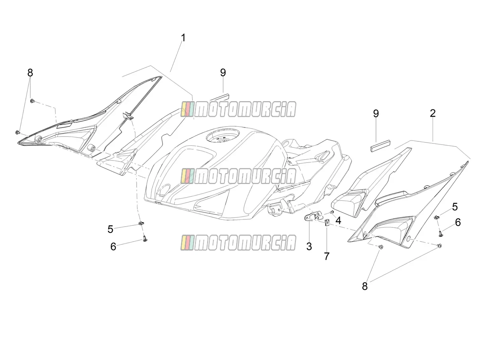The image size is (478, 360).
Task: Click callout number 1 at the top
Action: (183, 38)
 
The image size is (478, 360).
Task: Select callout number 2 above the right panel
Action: (433, 113)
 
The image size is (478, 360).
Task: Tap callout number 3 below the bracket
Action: (309, 247)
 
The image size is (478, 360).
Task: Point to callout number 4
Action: (338, 221)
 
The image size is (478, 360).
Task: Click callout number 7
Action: (327, 256)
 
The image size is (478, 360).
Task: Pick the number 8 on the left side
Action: (30, 72)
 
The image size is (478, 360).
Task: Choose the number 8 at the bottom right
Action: (365, 286)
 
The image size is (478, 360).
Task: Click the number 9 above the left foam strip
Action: (223, 72)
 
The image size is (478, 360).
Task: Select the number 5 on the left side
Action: (110, 229)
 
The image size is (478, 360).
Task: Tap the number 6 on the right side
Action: (458, 222)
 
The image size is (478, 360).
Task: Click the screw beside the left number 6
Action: (145, 239)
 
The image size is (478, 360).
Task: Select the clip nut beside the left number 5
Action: (141, 223)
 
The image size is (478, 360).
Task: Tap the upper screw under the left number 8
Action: (32, 101)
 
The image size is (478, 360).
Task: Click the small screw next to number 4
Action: (332, 212)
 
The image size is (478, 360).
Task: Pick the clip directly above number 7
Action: (327, 223)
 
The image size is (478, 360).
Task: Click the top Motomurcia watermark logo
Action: (238, 109)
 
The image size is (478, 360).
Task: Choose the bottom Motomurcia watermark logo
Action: (238, 243)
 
